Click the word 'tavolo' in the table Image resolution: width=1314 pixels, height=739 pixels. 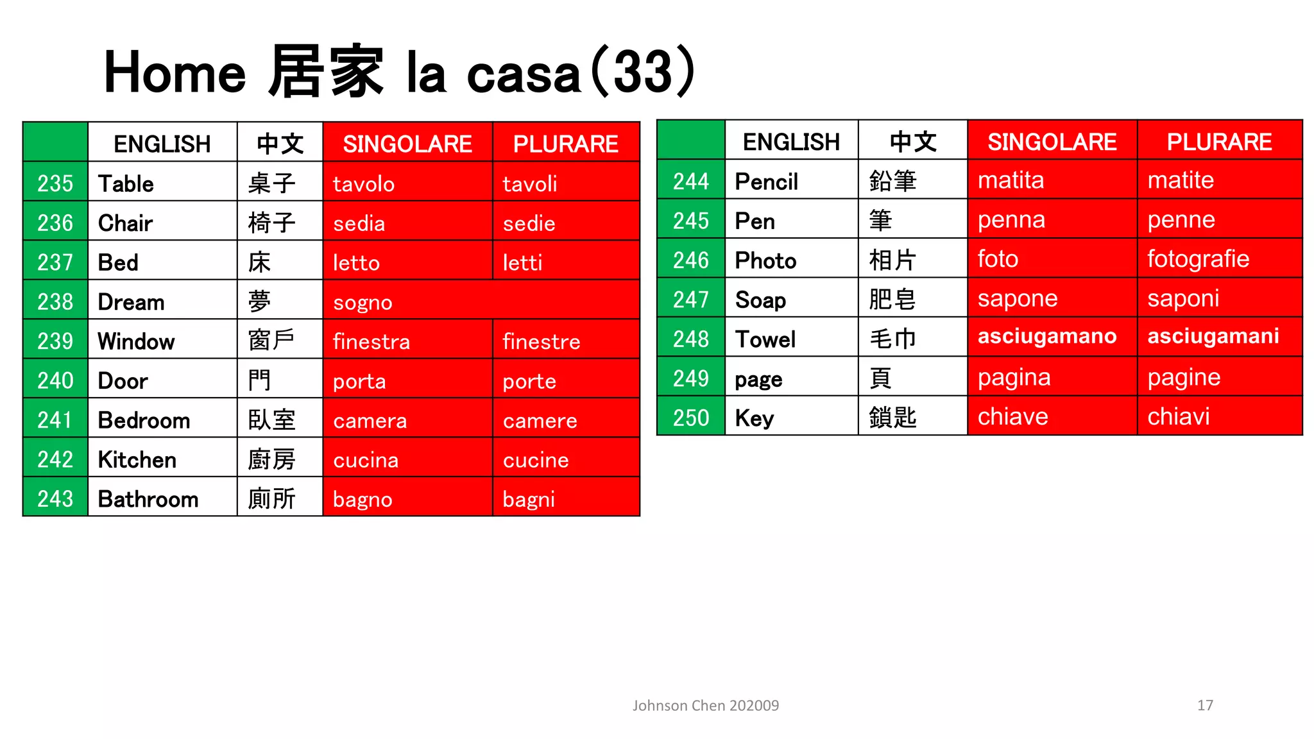(363, 184)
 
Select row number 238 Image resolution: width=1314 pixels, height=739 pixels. (55, 302)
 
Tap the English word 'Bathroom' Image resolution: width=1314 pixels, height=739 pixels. (148, 499)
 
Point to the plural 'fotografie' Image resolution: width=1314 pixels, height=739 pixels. (1198, 259)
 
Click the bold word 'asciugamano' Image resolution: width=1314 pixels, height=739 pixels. (1046, 336)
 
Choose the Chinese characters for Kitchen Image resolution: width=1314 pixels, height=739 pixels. (271, 460)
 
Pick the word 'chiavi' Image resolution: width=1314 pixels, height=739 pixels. (1178, 417)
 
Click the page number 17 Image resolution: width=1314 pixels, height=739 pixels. (1205, 706)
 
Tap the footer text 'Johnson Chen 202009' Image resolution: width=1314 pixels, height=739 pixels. (705, 706)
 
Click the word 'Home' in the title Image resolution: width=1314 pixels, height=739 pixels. (175, 72)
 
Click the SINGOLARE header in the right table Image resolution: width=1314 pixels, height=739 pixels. (1052, 142)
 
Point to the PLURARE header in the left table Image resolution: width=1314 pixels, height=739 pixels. (565, 144)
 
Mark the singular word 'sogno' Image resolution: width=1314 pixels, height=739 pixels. (363, 302)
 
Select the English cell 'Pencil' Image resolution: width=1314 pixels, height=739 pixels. (766, 182)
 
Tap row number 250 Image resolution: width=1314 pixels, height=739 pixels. (690, 418)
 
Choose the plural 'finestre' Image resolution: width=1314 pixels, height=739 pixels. (541, 342)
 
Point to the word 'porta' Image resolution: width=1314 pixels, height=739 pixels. (359, 382)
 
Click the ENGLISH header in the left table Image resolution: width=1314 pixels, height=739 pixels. (162, 144)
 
